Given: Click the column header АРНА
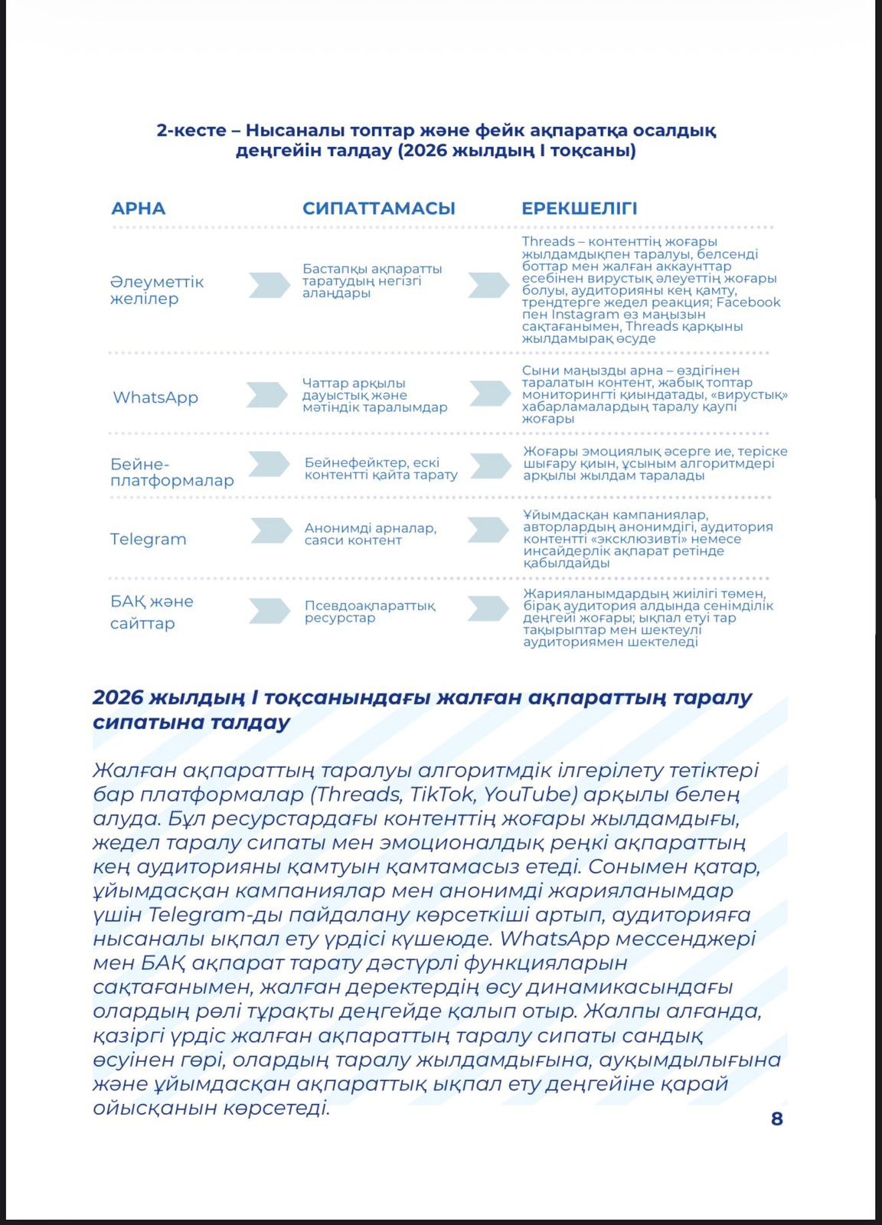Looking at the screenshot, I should [x=138, y=208].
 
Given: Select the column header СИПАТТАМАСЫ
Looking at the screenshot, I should [x=378, y=208].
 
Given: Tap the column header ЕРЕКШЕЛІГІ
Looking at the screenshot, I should [x=579, y=208].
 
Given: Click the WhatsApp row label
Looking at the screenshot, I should [x=155, y=397].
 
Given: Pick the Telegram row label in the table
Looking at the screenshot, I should [x=148, y=539].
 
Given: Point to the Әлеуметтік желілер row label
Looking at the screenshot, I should [x=156, y=290].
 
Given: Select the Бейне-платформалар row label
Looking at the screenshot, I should [x=171, y=472].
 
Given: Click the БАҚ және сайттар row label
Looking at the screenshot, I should [x=151, y=612].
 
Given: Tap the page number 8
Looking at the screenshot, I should [x=776, y=1119].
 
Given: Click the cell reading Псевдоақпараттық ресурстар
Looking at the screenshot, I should [x=369, y=611].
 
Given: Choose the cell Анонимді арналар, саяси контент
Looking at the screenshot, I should [x=370, y=534].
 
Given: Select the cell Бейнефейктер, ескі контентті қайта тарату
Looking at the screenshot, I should [x=381, y=468].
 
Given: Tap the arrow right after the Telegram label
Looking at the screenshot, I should [x=271, y=531].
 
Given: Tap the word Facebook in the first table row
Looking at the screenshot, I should [x=748, y=302].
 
